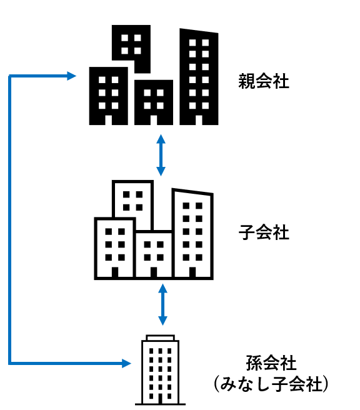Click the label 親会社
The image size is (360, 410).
pos(264,81)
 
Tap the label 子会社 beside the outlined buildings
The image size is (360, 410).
pos(264,232)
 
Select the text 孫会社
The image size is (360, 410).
pos(271,362)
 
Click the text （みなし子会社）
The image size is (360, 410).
pos(271,384)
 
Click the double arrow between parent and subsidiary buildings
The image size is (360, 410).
pos(161,155)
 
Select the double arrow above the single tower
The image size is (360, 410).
pos(162,304)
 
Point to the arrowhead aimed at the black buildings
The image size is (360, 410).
pos(71,76)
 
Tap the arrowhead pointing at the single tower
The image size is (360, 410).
pos(126,363)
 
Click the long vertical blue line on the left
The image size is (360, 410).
pos(9,219)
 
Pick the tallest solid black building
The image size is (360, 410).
pos(199,77)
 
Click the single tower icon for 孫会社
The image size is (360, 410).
pos(160,370)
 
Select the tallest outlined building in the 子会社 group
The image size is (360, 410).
pos(192,234)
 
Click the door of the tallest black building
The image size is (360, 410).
pos(199,120)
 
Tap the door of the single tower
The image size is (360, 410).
pos(160,399)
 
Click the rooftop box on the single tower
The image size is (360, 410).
pos(160,338)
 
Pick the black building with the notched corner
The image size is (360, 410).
pos(131,49)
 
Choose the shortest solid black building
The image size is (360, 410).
pos(154,102)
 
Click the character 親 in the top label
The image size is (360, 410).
pos(246,81)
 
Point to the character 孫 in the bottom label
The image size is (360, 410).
pos(254,362)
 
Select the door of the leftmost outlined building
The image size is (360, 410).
pos(115,272)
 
